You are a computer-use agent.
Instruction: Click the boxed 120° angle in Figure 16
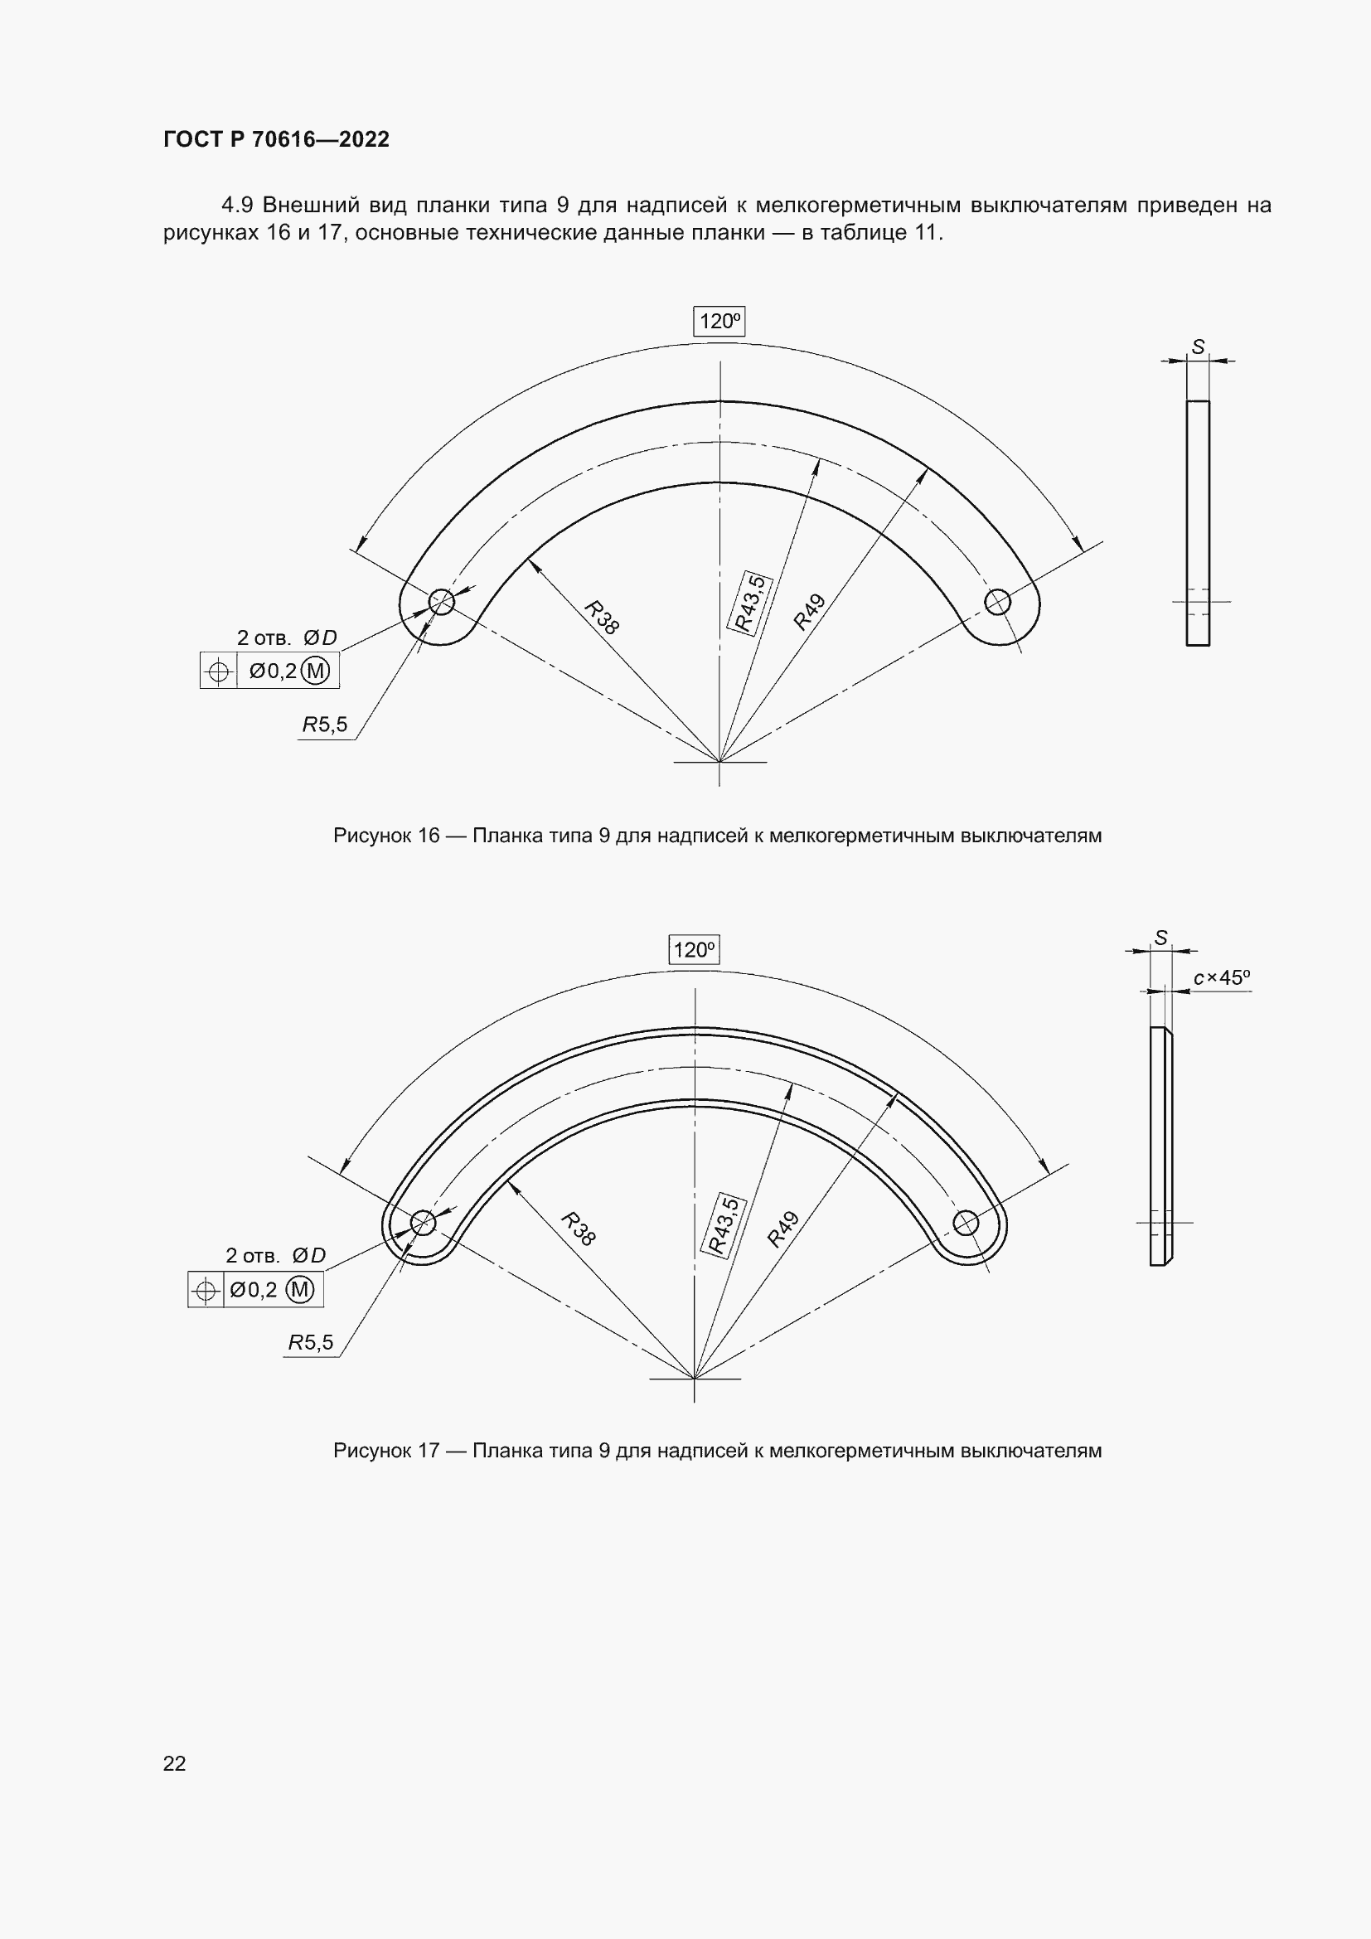point(719,321)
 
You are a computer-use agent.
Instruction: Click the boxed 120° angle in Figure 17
point(694,950)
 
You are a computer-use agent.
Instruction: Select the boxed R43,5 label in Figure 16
point(749,603)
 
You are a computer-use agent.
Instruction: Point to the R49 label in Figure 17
point(783,1229)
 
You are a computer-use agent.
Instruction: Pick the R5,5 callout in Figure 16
point(325,725)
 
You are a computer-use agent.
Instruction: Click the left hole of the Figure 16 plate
point(442,602)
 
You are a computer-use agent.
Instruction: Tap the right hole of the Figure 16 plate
point(998,602)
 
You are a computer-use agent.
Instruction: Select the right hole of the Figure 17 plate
point(966,1222)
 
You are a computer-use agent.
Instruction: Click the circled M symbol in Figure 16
point(315,671)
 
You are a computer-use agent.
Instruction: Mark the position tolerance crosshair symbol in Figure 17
point(205,1291)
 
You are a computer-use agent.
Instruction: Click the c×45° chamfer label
point(1221,978)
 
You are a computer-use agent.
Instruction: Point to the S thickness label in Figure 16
point(1198,347)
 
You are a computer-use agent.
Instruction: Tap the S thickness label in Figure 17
point(1160,938)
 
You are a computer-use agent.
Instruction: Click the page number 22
point(174,1763)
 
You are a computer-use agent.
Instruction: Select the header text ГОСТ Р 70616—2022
point(276,139)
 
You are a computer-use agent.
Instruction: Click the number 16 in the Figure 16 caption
point(429,836)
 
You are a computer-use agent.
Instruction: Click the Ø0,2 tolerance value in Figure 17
point(254,1291)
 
